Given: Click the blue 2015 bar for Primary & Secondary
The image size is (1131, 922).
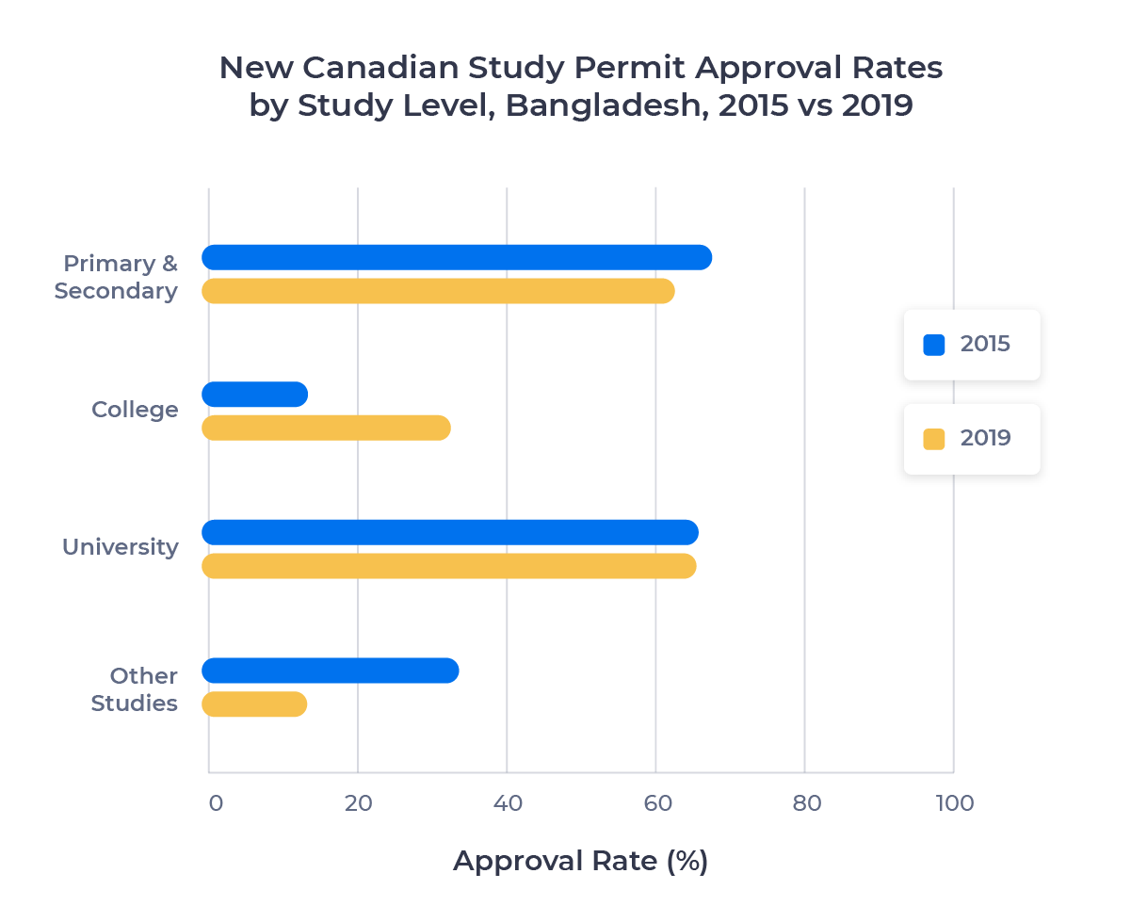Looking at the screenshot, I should coord(457,257).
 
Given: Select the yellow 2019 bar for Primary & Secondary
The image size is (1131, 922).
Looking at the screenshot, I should coord(438,291).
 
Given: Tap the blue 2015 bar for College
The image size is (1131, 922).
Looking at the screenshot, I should coord(255,395).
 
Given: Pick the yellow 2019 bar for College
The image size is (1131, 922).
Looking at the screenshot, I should coord(326,428).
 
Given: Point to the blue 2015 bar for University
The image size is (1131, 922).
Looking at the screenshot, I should coord(450,532).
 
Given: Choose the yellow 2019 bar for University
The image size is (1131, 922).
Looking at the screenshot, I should coord(449,566).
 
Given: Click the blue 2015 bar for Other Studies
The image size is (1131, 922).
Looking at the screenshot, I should coord(331,671).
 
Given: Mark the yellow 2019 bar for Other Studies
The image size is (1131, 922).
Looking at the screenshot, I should coord(255,704).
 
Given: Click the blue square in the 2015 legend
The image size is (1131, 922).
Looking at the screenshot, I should coord(933,345).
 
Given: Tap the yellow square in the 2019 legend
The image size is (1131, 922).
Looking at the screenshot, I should coord(933,439).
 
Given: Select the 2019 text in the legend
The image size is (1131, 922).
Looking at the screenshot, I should coord(985,438).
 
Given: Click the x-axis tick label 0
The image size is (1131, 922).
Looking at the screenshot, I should coord(216,803).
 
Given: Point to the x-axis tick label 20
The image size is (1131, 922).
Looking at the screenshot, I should coord(358,803).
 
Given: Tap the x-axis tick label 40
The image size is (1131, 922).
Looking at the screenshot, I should coord(508,803).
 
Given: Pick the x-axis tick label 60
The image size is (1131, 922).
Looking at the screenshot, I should coord(656,803).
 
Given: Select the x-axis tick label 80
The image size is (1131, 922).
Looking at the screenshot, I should coord(806,803).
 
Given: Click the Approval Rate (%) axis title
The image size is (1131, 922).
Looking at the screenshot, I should coord(580,861).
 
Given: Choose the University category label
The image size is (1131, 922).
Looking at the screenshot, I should coord(120,547).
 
